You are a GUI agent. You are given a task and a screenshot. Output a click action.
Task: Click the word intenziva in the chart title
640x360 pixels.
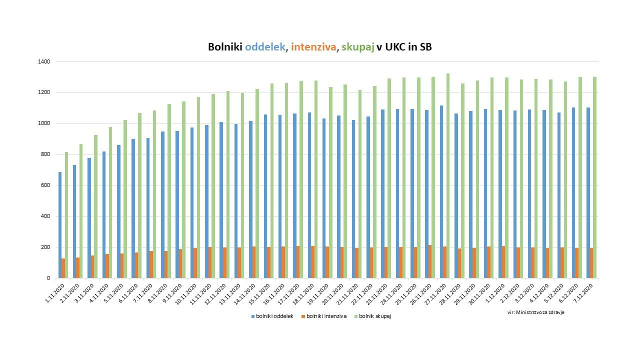(313, 47)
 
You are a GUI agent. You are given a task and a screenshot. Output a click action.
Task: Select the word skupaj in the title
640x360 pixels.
(357, 47)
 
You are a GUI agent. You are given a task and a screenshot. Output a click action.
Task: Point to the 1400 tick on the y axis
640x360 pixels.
(44, 61)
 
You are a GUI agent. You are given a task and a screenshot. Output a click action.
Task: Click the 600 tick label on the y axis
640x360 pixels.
(45, 185)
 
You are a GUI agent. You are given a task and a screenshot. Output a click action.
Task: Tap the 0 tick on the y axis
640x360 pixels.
(48, 278)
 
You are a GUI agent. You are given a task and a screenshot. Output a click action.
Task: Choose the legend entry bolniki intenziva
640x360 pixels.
(326, 316)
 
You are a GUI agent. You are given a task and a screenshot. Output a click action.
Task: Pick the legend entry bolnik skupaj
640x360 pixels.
(374, 316)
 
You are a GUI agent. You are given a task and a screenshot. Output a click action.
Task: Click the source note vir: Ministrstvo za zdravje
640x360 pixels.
(536, 312)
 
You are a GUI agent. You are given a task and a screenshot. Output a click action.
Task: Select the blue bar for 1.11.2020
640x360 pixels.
(60, 225)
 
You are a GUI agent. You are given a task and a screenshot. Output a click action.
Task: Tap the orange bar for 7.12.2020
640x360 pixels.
(591, 263)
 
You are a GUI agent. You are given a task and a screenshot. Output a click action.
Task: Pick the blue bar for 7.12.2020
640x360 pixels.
(588, 193)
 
